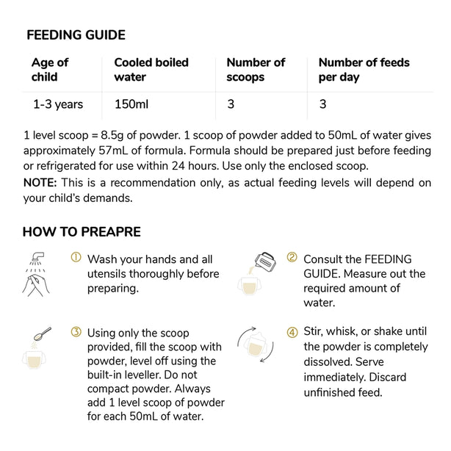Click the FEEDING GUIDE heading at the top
76,35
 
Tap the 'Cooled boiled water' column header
151,70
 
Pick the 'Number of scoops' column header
256,70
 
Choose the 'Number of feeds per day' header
364,70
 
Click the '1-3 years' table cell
58,104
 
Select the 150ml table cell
131,104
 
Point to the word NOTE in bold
40,182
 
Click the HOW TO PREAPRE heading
82,232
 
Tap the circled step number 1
76,258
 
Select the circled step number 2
292,258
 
